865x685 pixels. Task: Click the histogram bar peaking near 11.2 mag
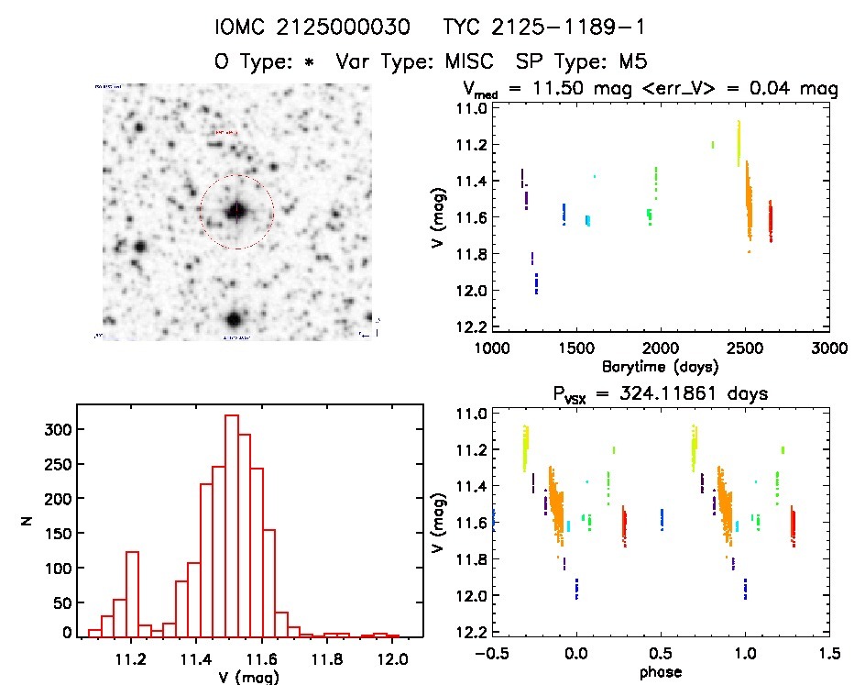132,593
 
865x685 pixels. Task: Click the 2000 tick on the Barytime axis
660,348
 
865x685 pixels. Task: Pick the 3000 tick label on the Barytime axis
828,348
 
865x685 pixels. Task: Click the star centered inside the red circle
236,211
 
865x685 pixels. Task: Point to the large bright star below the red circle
234,319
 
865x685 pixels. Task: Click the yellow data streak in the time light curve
739,143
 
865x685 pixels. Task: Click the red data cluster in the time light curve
771,221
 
